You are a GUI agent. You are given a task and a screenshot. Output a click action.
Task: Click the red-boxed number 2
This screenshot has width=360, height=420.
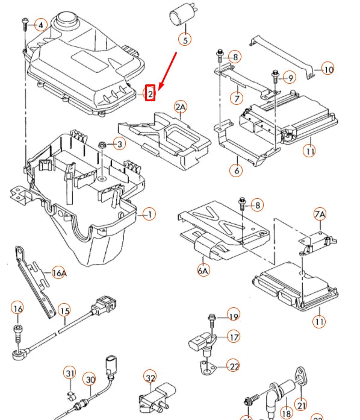(x=151, y=93)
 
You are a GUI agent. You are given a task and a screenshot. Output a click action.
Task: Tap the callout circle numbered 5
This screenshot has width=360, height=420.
(x=185, y=40)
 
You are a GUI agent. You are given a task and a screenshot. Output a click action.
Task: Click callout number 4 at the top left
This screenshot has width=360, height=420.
(x=40, y=25)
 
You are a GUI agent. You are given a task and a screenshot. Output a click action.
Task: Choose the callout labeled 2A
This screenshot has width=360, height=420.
(x=181, y=107)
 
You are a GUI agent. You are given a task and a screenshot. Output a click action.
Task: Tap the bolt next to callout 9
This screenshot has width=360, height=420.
(x=275, y=75)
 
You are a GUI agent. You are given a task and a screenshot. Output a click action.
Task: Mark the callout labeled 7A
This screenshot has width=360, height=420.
(x=319, y=215)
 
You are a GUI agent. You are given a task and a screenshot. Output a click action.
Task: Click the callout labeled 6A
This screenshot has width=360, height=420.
(x=202, y=271)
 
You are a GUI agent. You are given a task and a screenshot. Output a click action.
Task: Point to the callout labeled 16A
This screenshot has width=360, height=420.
(x=58, y=273)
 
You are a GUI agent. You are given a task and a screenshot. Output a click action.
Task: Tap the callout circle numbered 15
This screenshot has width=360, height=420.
(x=64, y=311)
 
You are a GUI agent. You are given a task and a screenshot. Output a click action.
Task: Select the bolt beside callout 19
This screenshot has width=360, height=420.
(x=213, y=318)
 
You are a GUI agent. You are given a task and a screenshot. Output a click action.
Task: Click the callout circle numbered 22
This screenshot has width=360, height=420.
(x=234, y=366)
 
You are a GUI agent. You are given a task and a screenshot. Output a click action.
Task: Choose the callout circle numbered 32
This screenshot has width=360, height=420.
(x=150, y=378)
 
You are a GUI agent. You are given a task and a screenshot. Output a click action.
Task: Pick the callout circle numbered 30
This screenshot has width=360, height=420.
(x=89, y=380)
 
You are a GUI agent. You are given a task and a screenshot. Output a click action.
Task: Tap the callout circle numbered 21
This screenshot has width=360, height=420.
(x=301, y=405)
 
